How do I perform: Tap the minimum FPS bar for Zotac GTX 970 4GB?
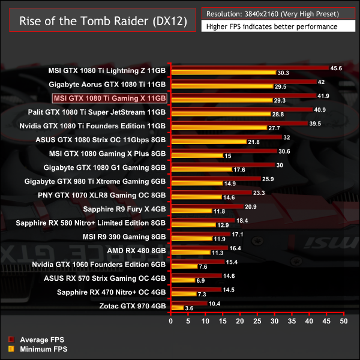coord(178,308)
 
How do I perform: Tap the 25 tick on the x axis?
coord(258,322)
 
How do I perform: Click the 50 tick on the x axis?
coord(344,322)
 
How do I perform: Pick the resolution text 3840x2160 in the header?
coord(272,13)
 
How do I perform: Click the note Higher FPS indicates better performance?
coord(271,26)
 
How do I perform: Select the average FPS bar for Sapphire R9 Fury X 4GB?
coord(207,206)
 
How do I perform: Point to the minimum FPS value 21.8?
coord(254,142)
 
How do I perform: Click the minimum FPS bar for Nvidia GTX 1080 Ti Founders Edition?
coord(219,128)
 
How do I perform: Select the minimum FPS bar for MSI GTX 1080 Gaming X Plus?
coord(197,156)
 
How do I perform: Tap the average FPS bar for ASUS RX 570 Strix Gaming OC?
coord(196,275)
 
